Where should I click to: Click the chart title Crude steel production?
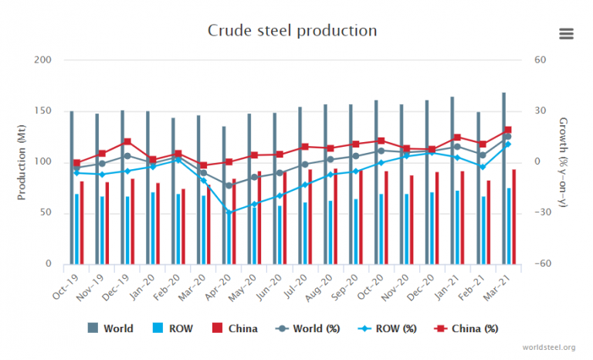pos(292,31)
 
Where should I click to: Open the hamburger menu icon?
pos(566,33)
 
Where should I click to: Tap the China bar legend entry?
pos(236,328)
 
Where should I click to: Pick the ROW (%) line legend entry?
pos(388,328)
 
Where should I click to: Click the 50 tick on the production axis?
pos(45,212)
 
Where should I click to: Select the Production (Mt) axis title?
pos(22,161)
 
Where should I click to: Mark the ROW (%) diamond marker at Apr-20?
pos(229,212)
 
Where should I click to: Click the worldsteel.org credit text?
pos(548,348)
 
